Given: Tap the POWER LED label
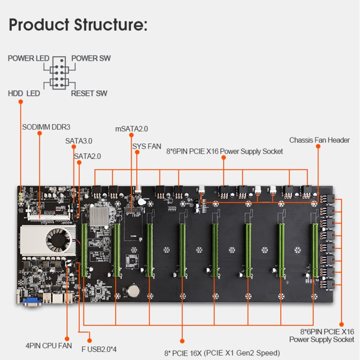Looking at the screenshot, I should pyautogui.click(x=28, y=59).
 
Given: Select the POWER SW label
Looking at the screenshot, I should pyautogui.click(x=91, y=59).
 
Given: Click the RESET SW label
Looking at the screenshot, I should pyautogui.click(x=89, y=93).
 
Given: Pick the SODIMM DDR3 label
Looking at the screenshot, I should pyautogui.click(x=46, y=127).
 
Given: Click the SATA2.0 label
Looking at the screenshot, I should pyautogui.click(x=87, y=156).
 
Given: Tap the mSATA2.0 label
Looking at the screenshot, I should pyautogui.click(x=132, y=129).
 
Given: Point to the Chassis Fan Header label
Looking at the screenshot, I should pyautogui.click(x=319, y=140).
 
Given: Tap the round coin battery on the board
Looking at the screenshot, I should pyautogui.click(x=133, y=290).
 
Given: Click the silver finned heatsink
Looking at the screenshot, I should pyautogui.click(x=99, y=215).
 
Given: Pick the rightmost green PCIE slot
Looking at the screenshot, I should pyautogui.click(x=314, y=250).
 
